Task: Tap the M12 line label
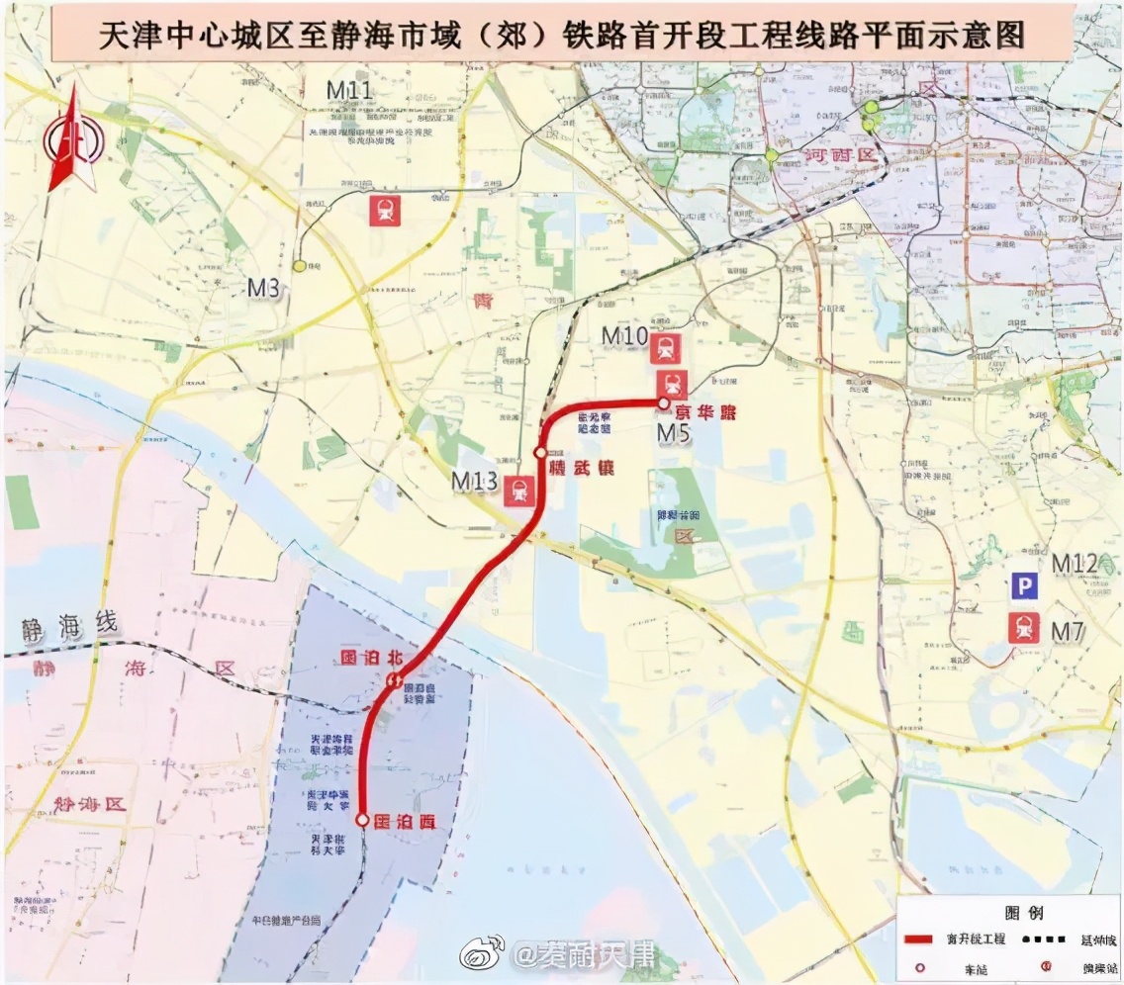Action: tap(1075, 564)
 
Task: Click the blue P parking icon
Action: tap(1023, 587)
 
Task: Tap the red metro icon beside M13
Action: tap(519, 491)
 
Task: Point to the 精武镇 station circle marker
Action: tap(540, 452)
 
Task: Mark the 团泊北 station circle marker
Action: tap(393, 679)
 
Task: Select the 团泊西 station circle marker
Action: tap(362, 820)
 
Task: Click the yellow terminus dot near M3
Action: tap(299, 266)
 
